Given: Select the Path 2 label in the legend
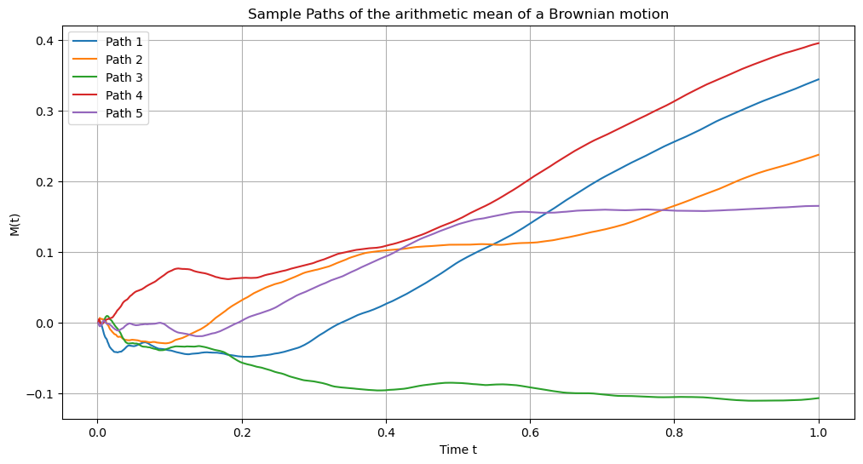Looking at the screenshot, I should [x=124, y=60].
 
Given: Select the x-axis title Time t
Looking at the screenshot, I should [x=457, y=450].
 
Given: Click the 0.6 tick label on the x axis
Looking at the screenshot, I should [x=530, y=432].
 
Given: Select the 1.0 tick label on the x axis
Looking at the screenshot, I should [x=819, y=432].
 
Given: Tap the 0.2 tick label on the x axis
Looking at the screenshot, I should [x=242, y=432].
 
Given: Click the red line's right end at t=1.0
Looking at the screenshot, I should [x=819, y=43].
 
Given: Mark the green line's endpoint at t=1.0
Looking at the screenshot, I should [x=819, y=398].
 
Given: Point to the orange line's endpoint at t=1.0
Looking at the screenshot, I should [x=819, y=155].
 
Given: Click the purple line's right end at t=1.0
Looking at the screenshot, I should [x=819, y=205].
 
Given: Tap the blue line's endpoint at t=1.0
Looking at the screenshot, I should [x=819, y=79].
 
